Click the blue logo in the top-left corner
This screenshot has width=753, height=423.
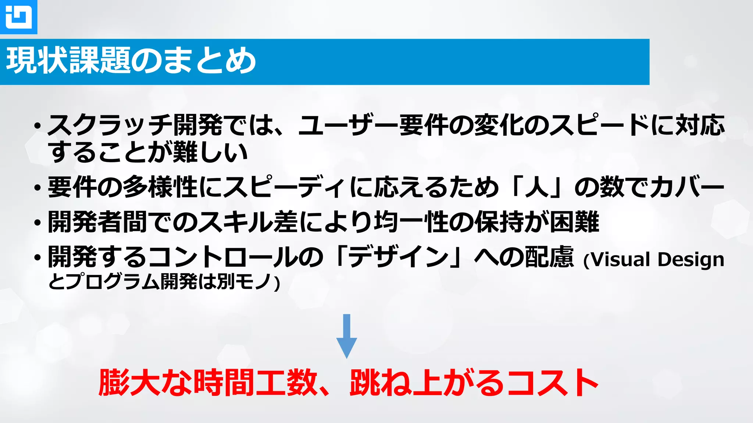pos(18,17)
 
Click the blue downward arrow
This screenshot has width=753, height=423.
pos(346,336)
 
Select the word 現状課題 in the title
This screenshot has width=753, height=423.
pos(68,61)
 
